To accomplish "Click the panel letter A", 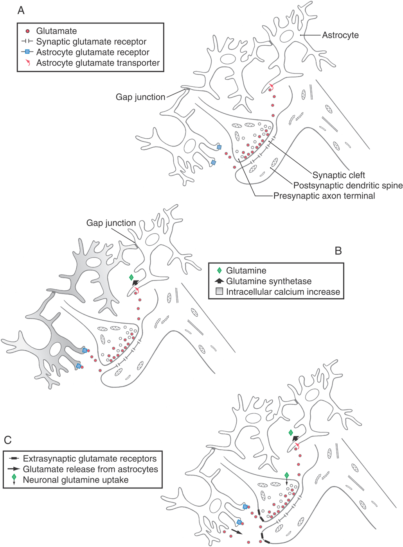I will coord(21,10).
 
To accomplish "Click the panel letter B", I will coord(338,251).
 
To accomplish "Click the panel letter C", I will coord(8,440).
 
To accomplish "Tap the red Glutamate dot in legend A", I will coord(27,31).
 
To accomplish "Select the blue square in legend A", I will coord(27,52).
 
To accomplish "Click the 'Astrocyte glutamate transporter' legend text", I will coord(98,63).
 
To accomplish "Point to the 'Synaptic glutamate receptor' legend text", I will coord(91,41).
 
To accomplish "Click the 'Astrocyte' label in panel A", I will coord(340,35).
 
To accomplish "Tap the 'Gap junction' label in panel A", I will coord(140,97).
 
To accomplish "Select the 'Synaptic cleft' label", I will coord(338,175).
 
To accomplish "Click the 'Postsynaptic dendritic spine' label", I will coord(348,186).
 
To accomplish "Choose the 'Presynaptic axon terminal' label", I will coord(324,196).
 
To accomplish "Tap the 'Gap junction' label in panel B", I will coord(111,223).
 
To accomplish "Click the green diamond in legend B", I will coord(219,270).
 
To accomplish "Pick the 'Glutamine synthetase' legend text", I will coord(269,281).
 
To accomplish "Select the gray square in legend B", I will coord(219,291).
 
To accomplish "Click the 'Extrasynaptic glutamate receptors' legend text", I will coord(90,458).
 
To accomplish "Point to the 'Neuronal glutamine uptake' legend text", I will coord(76,480).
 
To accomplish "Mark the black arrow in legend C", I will coord(14,469).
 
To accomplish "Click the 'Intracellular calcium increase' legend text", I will coord(283,291).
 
